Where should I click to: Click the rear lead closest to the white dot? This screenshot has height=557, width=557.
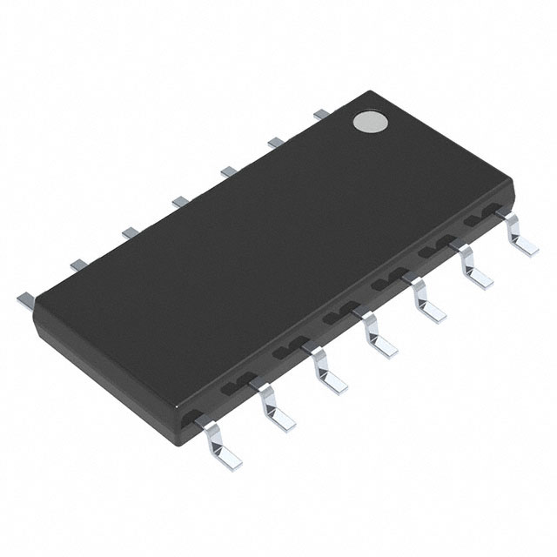(x=320, y=112)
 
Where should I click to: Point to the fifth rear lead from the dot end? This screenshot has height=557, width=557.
(x=129, y=232)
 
